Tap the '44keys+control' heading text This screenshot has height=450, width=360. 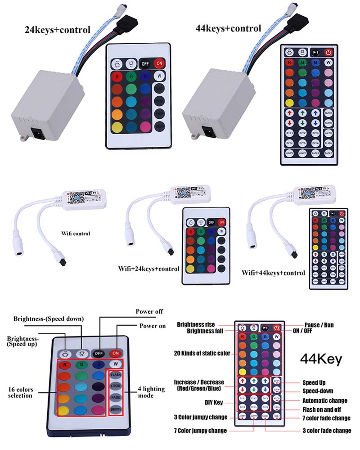(x=228, y=28)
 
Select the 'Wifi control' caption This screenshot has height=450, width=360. (x=76, y=233)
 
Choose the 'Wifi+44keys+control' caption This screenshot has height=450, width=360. (x=273, y=273)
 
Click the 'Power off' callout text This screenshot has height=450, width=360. (x=149, y=311)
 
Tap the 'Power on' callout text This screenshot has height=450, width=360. (x=153, y=326)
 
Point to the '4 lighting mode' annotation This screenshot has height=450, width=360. (x=144, y=392)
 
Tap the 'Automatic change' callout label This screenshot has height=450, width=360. (x=325, y=400)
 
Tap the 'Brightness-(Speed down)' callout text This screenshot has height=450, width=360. (x=49, y=319)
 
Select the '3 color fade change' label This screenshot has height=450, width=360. (x=327, y=431)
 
